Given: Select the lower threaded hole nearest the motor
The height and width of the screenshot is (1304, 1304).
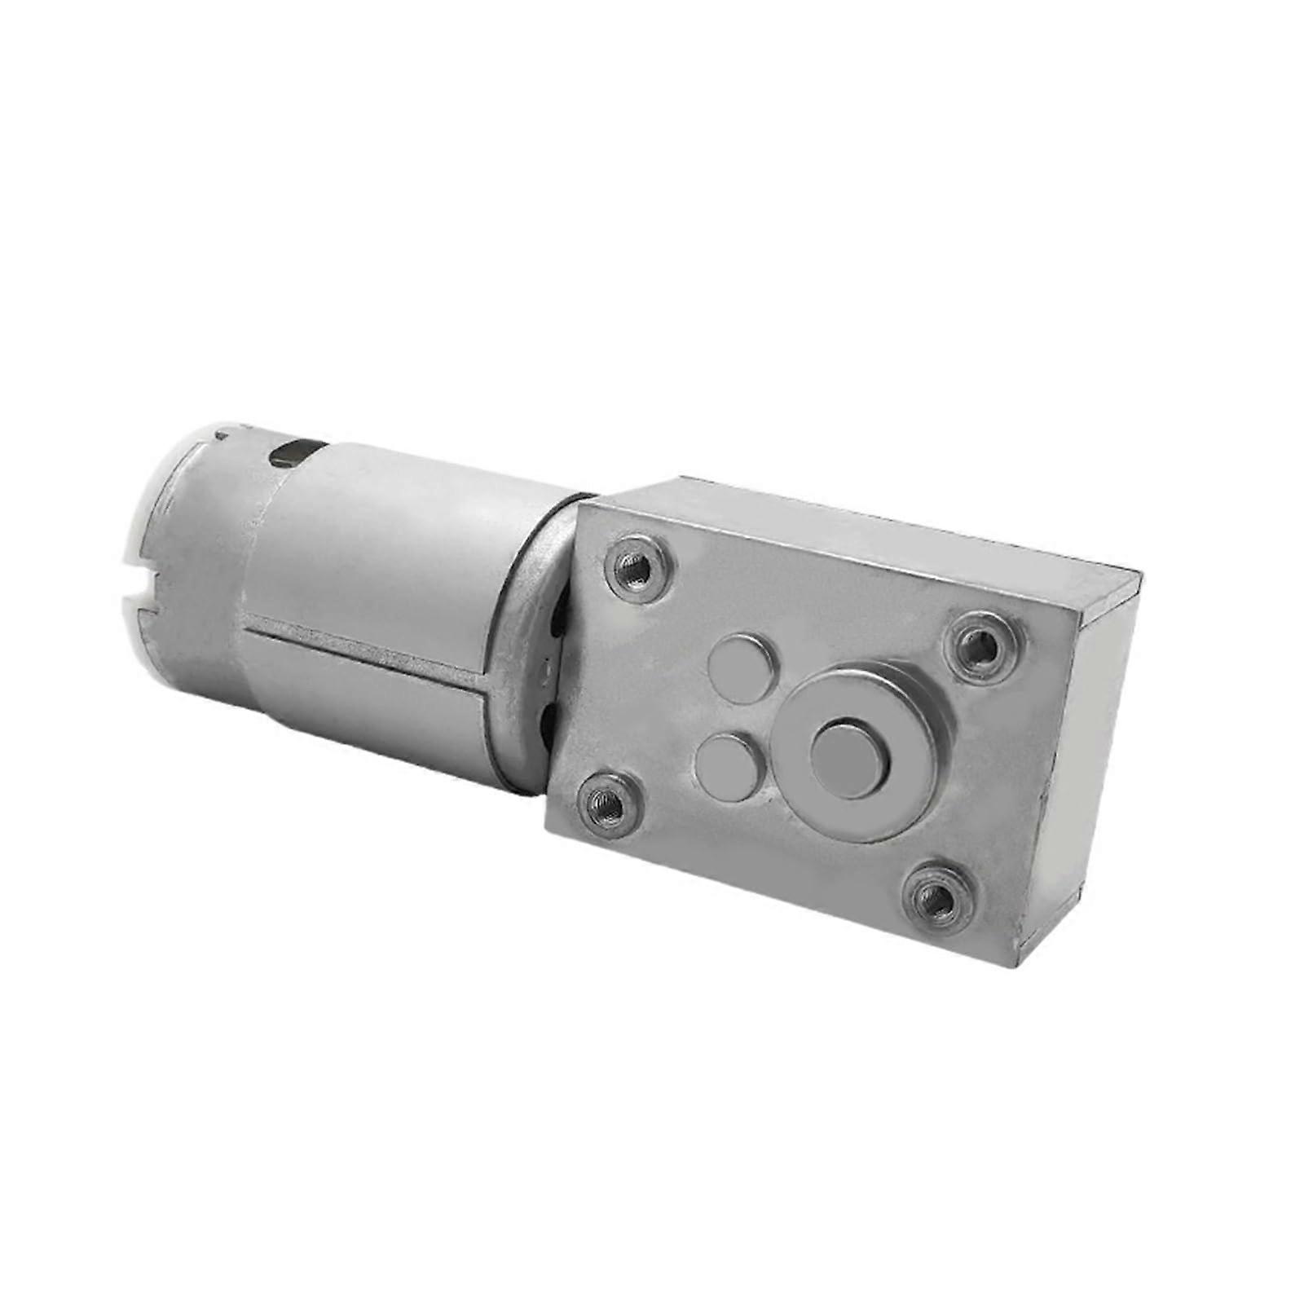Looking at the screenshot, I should coord(605,803).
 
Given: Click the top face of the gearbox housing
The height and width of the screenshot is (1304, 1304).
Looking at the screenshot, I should coord(856,530).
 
